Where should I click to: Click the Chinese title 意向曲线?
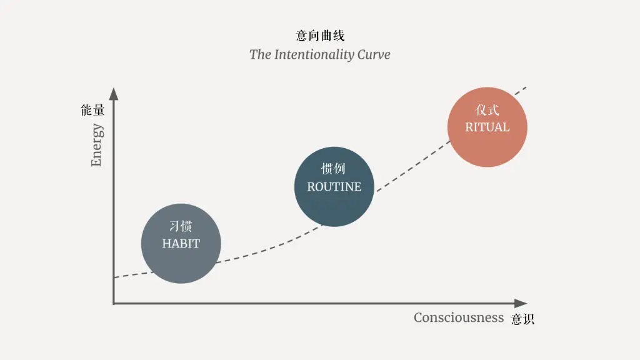coord(320,36)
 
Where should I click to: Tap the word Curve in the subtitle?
coord(374,54)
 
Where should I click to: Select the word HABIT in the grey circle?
coord(181,244)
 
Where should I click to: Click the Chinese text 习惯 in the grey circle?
coord(181,226)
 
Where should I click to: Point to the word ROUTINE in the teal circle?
coord(334,187)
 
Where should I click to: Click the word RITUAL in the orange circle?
coord(487,127)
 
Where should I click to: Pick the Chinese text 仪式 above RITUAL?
coord(487,110)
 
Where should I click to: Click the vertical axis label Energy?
coord(96,145)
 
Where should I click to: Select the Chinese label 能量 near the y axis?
coord(92,111)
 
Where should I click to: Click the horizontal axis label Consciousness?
coord(458,317)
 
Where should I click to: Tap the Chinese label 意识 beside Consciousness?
coord(522,319)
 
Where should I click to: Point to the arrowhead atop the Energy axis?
coord(114,94)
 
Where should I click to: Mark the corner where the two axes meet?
coord(114,304)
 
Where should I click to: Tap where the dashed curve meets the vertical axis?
coord(114,277)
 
